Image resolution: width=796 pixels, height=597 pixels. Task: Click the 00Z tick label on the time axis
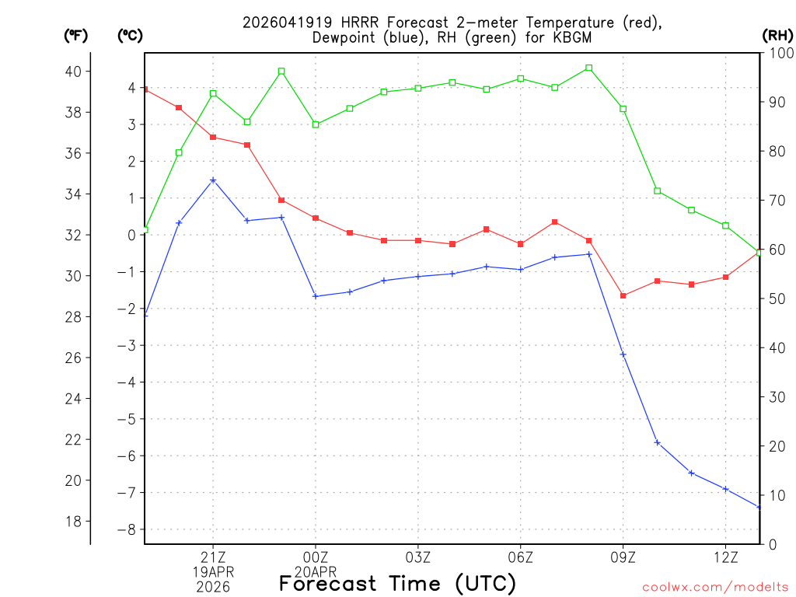316,557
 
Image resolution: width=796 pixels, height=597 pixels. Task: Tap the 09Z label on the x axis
623,557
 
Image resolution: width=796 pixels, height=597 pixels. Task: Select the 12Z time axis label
726,557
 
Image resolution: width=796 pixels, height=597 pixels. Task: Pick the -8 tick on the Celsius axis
126,529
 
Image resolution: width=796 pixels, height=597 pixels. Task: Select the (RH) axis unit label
777,35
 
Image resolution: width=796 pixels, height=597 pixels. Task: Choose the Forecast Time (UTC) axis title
397,583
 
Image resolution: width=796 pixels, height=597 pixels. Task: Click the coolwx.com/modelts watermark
715,588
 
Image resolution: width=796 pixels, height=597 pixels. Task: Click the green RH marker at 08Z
589,68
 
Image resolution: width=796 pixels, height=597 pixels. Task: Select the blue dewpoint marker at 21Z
213,180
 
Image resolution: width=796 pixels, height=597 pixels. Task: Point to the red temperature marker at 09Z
623,295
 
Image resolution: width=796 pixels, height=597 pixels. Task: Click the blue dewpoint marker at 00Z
316,296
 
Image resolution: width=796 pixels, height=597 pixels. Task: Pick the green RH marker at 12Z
726,225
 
